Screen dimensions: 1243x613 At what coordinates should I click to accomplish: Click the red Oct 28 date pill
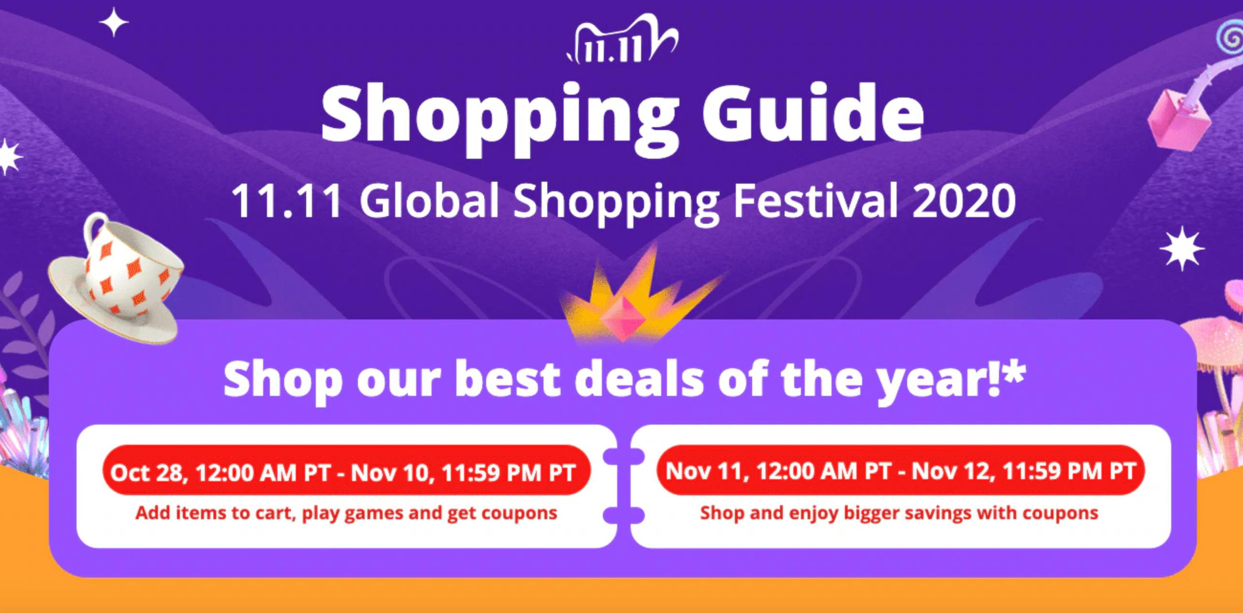pyautogui.click(x=346, y=472)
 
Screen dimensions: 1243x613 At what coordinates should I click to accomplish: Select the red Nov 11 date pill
pyautogui.click(x=900, y=470)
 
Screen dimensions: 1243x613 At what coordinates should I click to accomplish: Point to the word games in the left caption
pyautogui.click(x=374, y=514)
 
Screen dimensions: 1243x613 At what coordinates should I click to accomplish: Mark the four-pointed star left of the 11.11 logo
pyautogui.click(x=114, y=22)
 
